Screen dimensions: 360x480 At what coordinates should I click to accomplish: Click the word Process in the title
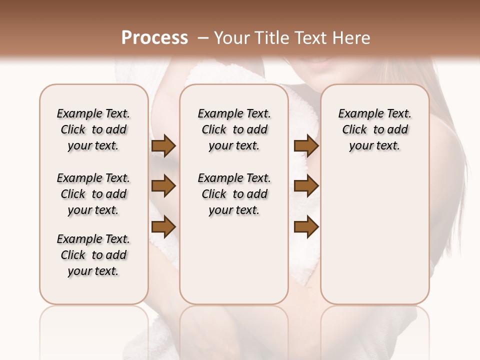coord(154,38)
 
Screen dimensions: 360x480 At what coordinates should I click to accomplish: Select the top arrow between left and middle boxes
coord(163,146)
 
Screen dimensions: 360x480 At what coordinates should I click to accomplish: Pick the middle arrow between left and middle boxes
coord(163,186)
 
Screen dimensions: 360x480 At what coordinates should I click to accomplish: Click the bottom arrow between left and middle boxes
coord(163,227)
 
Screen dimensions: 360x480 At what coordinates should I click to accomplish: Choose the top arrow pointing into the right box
coord(306,146)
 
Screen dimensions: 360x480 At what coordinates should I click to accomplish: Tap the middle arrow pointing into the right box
coord(306,186)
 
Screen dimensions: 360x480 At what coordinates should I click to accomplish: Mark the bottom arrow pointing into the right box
coord(306,227)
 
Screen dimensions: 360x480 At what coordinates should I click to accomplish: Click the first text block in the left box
coord(93,129)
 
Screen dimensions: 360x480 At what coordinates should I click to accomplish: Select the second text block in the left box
coord(93,194)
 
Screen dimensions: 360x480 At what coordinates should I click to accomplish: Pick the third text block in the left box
coord(93,254)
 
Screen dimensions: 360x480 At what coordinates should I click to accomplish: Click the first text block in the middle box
coord(234,129)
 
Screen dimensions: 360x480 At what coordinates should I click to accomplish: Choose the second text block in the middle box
coord(234,194)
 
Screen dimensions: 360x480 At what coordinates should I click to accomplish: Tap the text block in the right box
coord(374,129)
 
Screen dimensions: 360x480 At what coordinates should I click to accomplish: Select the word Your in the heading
coord(232,38)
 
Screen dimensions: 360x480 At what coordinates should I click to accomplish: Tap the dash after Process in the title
coord(202,38)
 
